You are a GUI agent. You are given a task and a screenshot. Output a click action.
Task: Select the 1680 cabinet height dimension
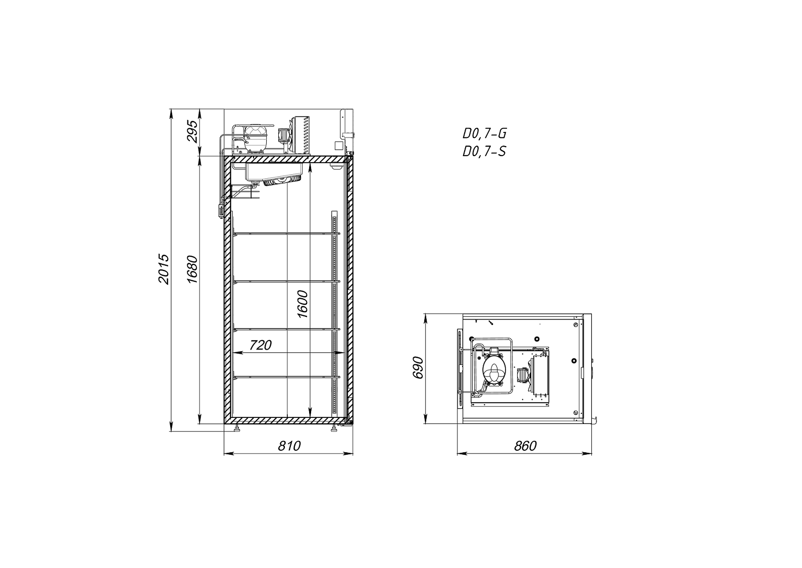pos(192,269)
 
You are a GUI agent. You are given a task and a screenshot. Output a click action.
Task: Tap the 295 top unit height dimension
pos(192,132)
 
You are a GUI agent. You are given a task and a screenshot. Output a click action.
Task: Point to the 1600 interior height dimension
pos(303,304)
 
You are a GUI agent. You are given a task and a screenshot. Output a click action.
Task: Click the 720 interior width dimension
pos(261,345)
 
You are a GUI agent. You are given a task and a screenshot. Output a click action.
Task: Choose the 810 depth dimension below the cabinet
pos(289,446)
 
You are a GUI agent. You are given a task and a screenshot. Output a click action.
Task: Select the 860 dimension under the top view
pos(525,446)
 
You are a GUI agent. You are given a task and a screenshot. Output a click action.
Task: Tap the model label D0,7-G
pos(484,134)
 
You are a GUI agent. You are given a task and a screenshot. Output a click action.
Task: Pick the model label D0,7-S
pos(484,151)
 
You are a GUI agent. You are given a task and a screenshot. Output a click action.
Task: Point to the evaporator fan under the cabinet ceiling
pos(283,180)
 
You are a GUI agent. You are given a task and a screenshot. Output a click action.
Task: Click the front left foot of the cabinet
pos(237,429)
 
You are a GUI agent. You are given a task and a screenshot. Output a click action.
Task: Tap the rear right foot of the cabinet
pos(333,429)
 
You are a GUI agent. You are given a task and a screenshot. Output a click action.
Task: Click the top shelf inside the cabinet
pos(286,233)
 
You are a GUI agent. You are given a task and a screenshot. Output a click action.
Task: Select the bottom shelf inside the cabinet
pos(286,376)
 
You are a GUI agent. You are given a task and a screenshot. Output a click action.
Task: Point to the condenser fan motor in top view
pos(523,375)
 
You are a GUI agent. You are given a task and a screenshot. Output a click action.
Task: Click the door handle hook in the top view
pos(594,420)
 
